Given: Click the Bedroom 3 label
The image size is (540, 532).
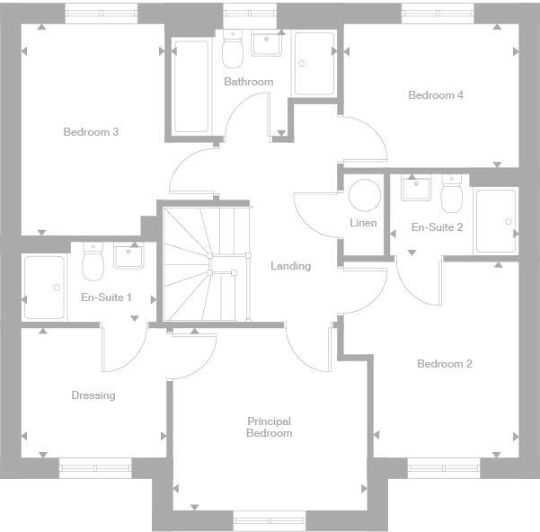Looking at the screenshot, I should tap(91, 132).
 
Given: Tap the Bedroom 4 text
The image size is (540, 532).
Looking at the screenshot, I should tap(435, 95).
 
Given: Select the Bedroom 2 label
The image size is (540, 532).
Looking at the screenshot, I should tap(444, 364).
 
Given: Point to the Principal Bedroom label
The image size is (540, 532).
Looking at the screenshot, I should tap(270, 427).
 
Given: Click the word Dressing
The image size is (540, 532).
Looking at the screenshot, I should tap(93, 395).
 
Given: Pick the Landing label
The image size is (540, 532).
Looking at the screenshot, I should tap(290, 266).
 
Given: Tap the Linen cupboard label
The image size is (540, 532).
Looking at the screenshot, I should tap(363, 223).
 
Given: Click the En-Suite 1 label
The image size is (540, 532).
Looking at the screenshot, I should tap(106, 297).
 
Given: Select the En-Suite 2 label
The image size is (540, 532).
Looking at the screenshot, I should tap(437, 227).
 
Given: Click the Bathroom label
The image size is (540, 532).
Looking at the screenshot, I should tap(248, 82).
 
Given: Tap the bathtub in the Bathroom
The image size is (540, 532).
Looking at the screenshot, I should tap(191, 87).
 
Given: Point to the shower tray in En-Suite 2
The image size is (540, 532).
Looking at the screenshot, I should tap(496, 221).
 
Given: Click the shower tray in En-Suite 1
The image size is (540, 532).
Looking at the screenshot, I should tap(45, 288).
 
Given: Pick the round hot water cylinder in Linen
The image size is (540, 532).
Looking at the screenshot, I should tap(364, 195).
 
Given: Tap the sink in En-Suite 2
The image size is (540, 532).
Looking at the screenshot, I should tap(415, 190).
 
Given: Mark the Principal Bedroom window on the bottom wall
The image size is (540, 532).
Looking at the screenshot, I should tap(269, 519).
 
